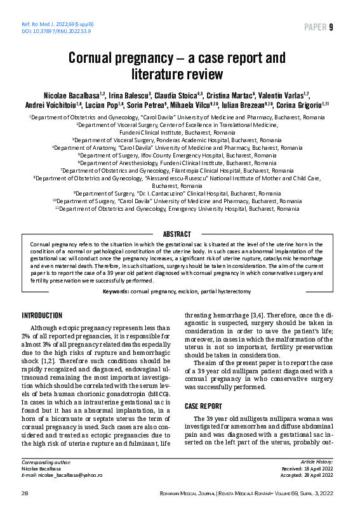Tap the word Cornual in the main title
(95, 60)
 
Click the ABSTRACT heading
(180, 234)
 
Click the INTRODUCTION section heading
(42, 316)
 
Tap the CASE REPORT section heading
(204, 405)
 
